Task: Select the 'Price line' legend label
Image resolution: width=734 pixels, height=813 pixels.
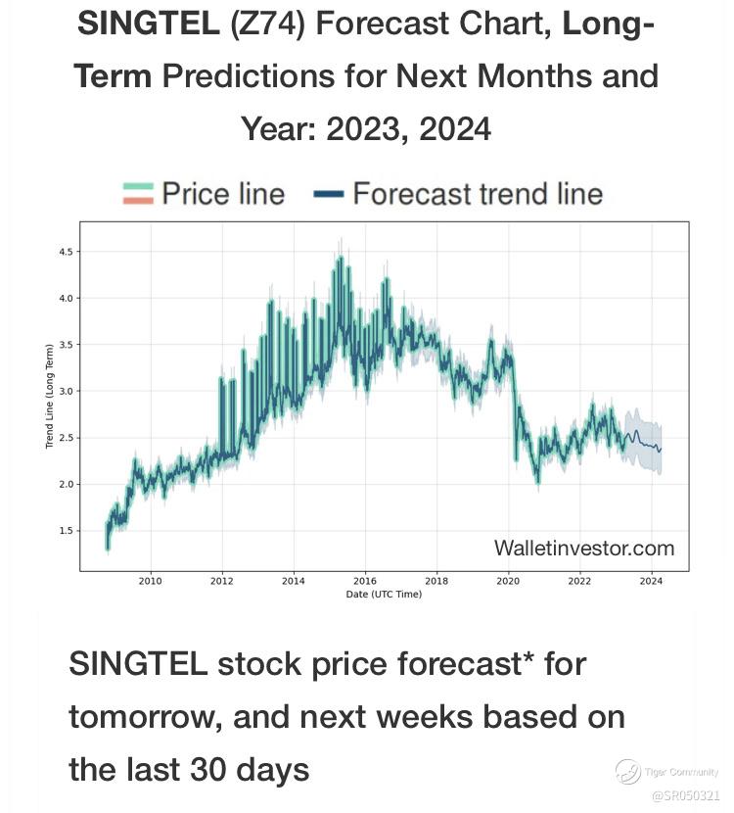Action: point(223,194)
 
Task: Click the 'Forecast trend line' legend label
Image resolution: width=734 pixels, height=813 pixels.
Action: point(478,194)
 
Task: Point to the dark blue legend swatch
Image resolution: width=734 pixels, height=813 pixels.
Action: point(331,195)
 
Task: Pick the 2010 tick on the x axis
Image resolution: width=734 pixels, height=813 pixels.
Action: point(150,581)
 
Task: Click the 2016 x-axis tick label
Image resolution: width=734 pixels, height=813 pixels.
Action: point(364,581)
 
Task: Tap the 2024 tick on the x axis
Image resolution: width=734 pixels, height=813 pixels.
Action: point(651,581)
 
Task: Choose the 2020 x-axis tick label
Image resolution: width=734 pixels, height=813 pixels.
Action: point(508,581)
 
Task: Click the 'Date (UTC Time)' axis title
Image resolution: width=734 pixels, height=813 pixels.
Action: point(384,595)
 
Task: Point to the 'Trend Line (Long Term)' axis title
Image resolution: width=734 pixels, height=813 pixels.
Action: point(48,393)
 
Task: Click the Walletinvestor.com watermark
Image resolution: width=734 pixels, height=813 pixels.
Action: point(583,548)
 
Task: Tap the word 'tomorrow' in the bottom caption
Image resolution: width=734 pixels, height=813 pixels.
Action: point(142,717)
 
